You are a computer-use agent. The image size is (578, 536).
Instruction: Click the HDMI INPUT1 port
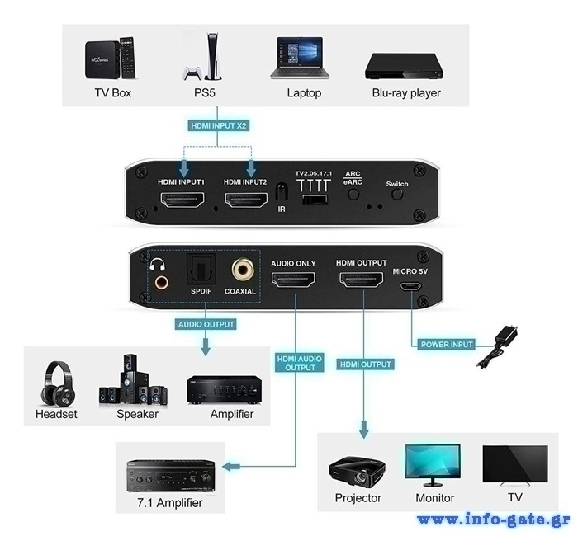pyautogui.click(x=182, y=200)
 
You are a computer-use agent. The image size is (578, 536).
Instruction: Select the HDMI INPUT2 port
pyautogui.click(x=246, y=200)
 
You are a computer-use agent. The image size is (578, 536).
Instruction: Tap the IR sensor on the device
pyautogui.click(x=282, y=192)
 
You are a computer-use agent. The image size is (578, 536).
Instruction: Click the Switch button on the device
pyautogui.click(x=397, y=194)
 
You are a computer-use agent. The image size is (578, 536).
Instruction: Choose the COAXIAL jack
pyautogui.click(x=243, y=270)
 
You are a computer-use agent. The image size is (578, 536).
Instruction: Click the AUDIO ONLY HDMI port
pyautogui.click(x=293, y=280)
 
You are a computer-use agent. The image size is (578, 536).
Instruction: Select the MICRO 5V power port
pyautogui.click(x=411, y=286)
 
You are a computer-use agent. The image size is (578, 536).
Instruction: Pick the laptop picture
pyautogui.click(x=300, y=58)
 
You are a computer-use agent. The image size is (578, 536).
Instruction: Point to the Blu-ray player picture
pyautogui.click(x=405, y=66)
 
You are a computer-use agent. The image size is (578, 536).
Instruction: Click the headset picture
pyautogui.click(x=58, y=383)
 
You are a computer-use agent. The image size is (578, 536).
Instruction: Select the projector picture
pyautogui.click(x=357, y=470)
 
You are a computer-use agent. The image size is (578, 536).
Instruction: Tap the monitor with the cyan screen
pyautogui.click(x=433, y=464)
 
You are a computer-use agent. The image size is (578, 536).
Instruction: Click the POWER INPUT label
pyautogui.click(x=447, y=345)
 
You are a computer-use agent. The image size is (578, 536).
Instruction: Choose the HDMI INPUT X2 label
pyautogui.click(x=219, y=125)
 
